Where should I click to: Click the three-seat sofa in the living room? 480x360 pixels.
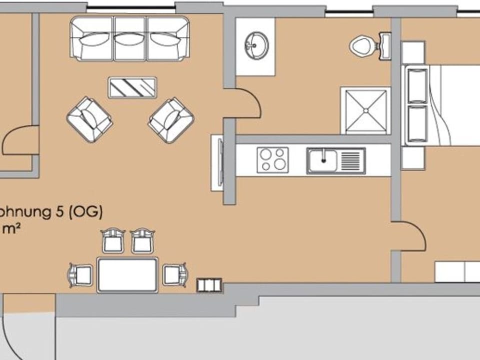(x=129, y=38)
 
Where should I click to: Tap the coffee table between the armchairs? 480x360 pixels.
(x=132, y=87)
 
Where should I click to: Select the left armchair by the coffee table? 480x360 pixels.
(x=89, y=119)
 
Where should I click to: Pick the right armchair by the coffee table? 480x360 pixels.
(x=171, y=120)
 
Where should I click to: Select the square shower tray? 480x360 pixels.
(x=365, y=111)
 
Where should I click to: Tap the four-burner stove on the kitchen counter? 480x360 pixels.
(x=272, y=160)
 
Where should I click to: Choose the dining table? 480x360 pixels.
(x=127, y=274)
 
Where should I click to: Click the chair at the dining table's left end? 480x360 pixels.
(x=81, y=274)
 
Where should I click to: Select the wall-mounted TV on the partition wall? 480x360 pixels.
(x=217, y=162)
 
